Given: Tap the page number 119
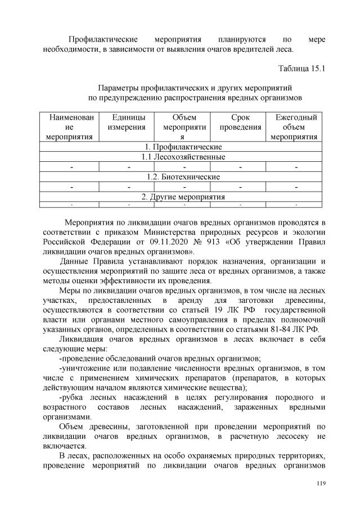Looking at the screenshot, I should point(321,483).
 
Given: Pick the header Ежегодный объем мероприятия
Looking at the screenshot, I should point(295,126).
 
